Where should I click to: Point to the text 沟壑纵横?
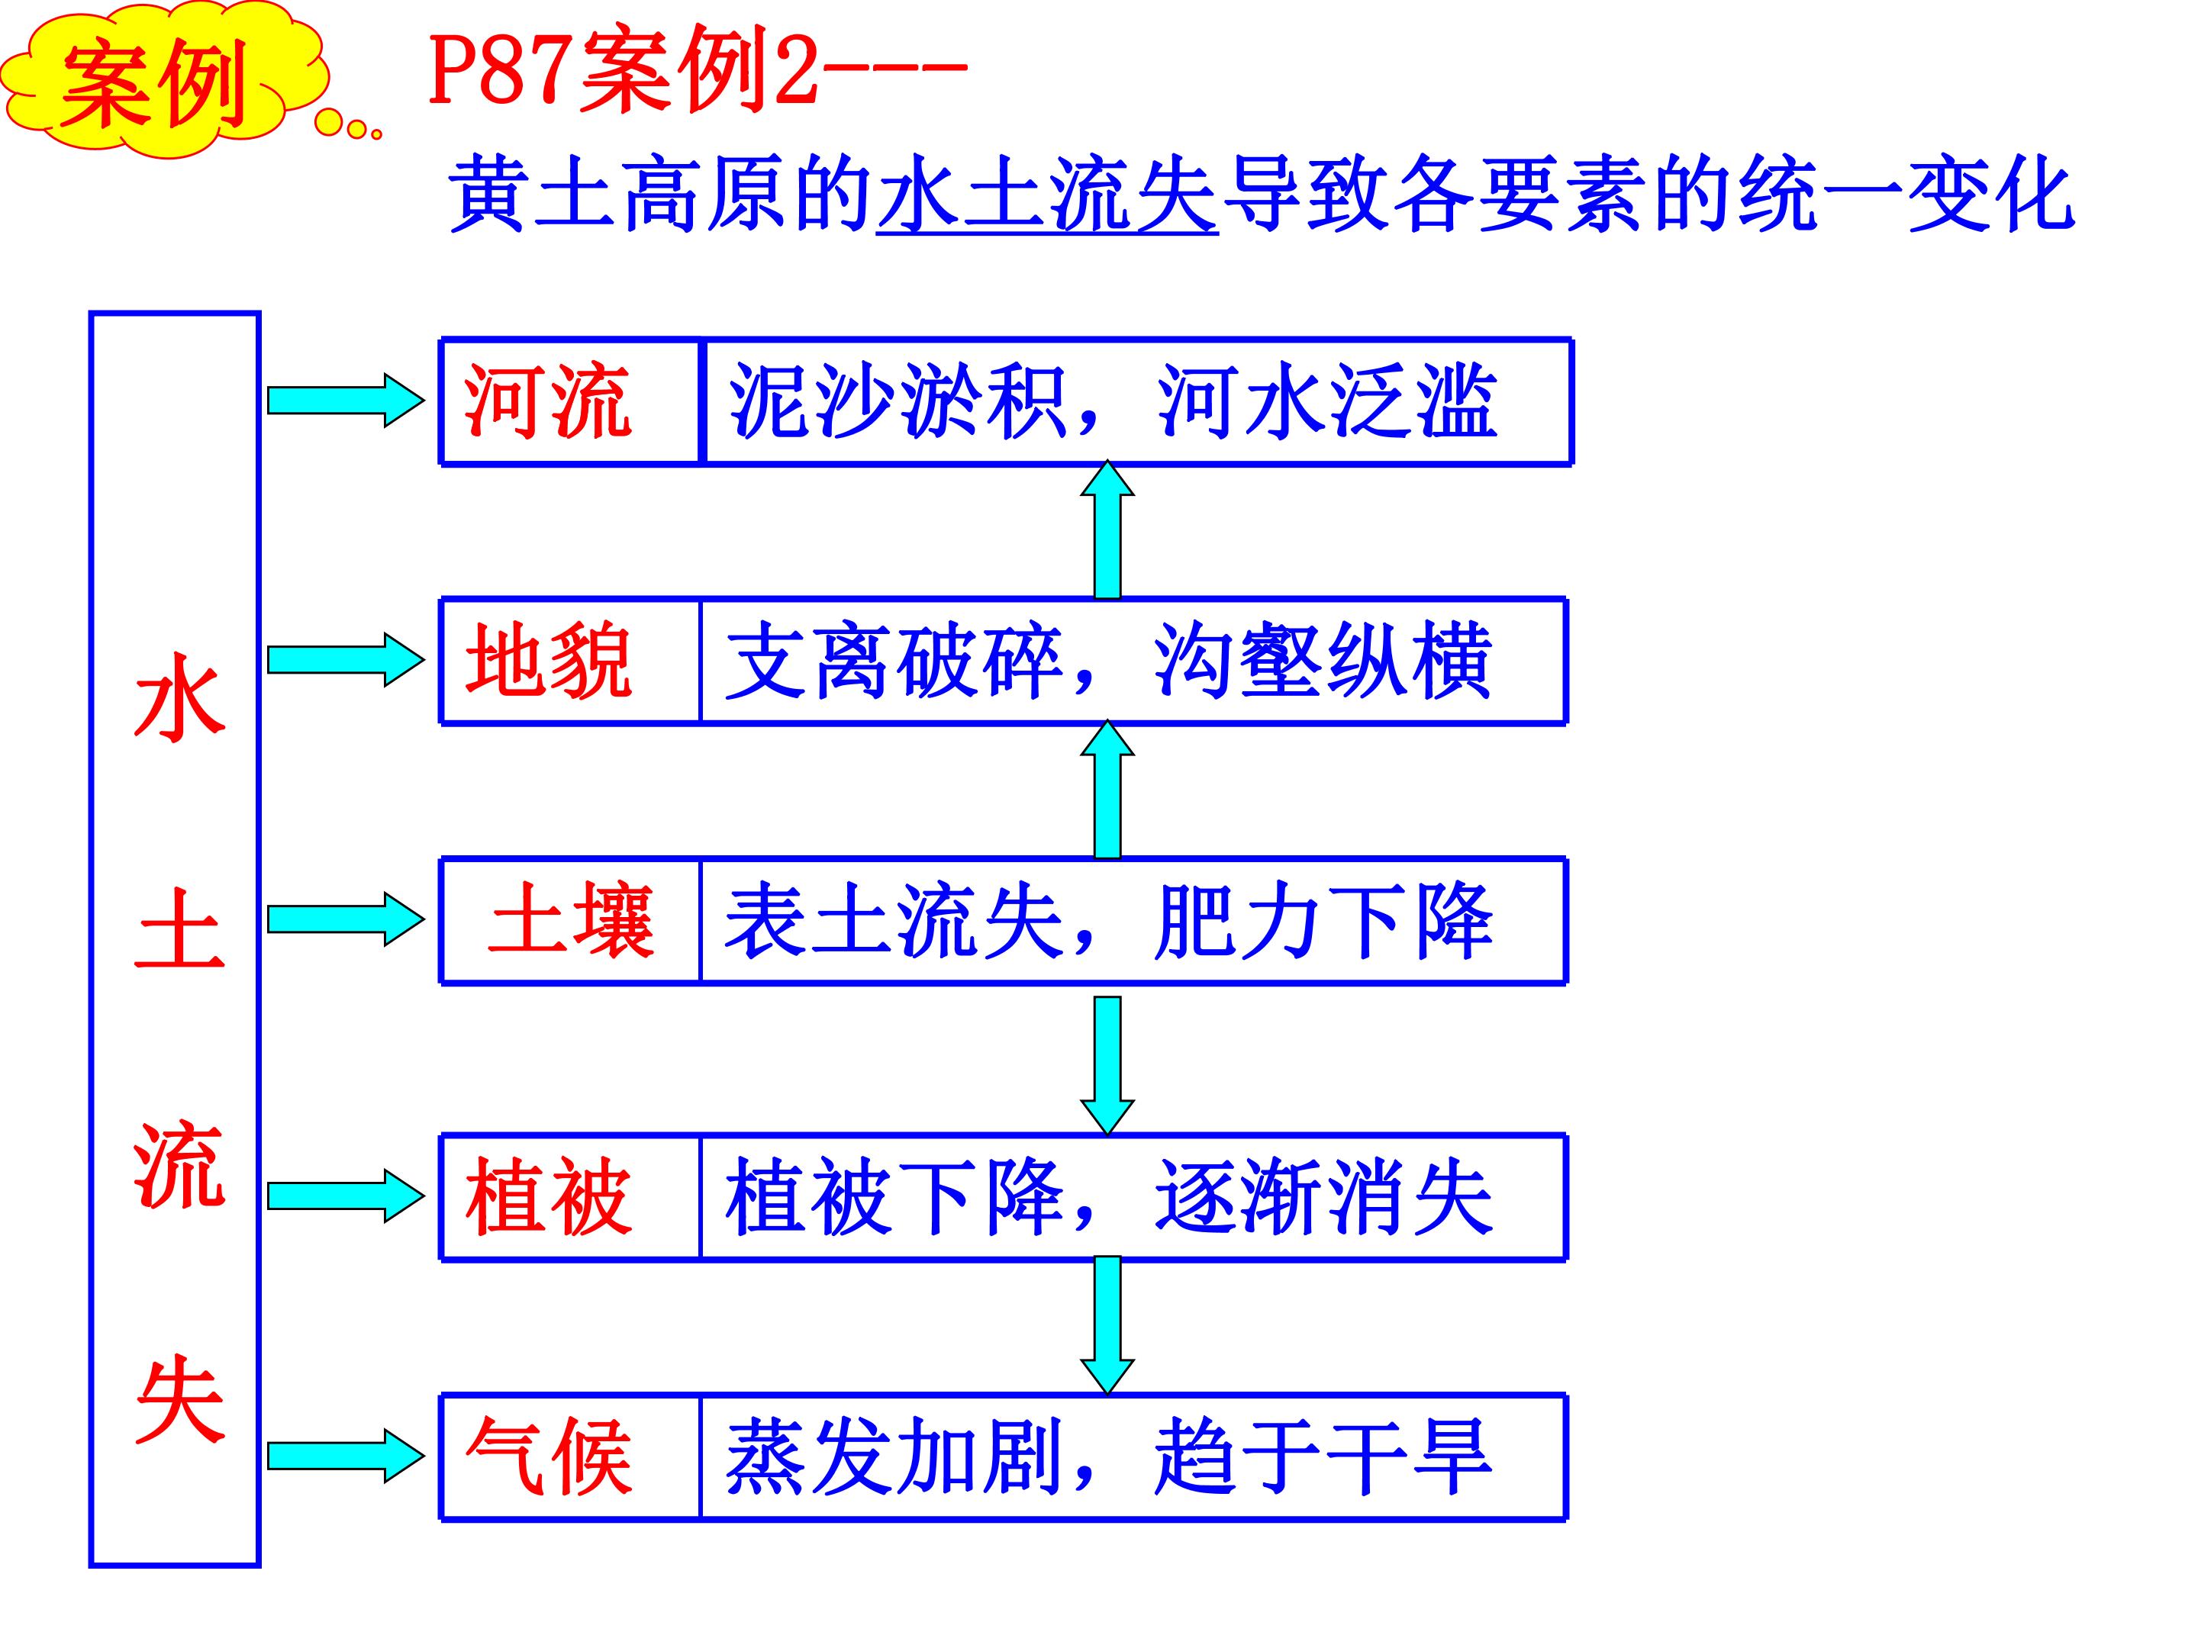tap(1322, 661)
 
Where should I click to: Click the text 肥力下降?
tap(1322, 921)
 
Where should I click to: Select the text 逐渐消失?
tap(1322, 1197)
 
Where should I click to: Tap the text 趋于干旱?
tap(1322, 1456)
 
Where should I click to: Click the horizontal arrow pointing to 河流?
tap(345, 401)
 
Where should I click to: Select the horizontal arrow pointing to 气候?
tap(345, 1456)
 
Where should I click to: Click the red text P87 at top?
tap(502, 75)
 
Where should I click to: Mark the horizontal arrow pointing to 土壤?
tap(345, 919)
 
